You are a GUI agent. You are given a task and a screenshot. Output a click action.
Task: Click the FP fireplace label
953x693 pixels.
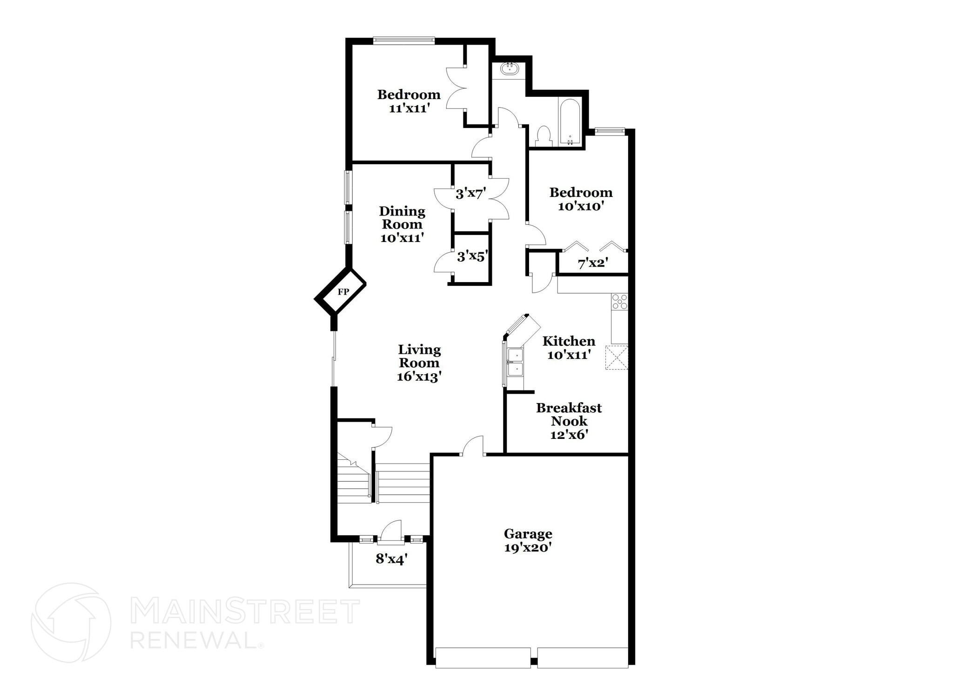click(343, 292)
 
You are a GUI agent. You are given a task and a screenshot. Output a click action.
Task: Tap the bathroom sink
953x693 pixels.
click(510, 69)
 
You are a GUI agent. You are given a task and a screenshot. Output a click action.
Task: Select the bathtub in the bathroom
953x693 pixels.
click(570, 122)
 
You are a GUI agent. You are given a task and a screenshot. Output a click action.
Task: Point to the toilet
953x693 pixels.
click(543, 135)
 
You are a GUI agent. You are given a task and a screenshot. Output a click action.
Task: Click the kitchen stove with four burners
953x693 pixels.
click(619, 302)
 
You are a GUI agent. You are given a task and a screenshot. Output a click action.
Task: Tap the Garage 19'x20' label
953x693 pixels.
click(528, 540)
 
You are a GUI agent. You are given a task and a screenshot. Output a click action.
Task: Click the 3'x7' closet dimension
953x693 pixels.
click(471, 193)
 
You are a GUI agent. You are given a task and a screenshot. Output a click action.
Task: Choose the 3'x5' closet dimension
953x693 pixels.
click(472, 256)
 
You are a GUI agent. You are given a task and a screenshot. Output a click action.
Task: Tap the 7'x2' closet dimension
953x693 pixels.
click(592, 263)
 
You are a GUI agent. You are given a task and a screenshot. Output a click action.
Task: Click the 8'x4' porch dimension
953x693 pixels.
click(391, 558)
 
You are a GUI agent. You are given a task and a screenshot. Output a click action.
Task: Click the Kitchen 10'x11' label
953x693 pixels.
click(569, 348)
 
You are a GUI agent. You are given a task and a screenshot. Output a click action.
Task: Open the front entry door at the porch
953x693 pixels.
click(391, 533)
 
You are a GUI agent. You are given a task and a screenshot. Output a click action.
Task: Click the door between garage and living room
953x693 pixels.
click(473, 447)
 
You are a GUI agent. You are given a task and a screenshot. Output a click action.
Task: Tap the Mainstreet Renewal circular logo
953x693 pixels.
click(71, 622)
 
